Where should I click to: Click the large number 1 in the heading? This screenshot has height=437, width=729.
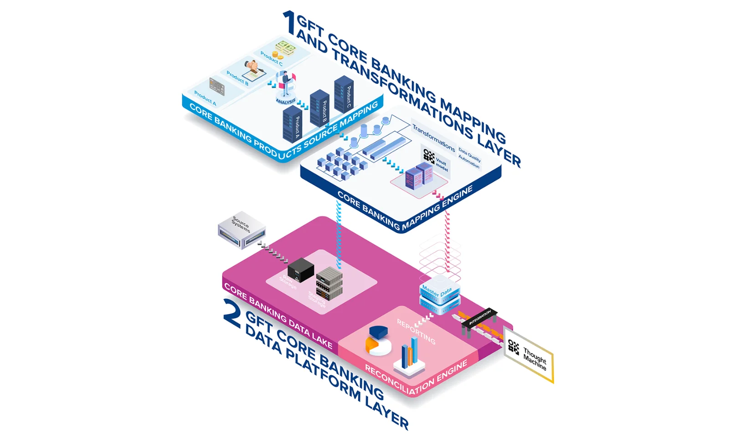pos(289,23)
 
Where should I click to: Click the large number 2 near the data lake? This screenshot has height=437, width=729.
pos(232,314)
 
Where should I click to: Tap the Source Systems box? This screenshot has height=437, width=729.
pos(241,229)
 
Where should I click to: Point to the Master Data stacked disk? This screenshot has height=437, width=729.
pos(439,295)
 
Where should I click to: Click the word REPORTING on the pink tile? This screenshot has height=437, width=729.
pos(416,331)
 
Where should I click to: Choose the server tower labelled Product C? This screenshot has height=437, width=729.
pos(344,95)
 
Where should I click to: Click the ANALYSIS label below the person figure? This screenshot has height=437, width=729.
pos(286,101)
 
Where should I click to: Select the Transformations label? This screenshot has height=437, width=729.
pos(433,138)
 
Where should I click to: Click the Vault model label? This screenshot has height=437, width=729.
pos(441,164)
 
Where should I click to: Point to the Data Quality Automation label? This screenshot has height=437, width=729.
pos(469,158)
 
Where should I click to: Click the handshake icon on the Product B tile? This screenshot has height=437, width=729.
pos(252,66)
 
